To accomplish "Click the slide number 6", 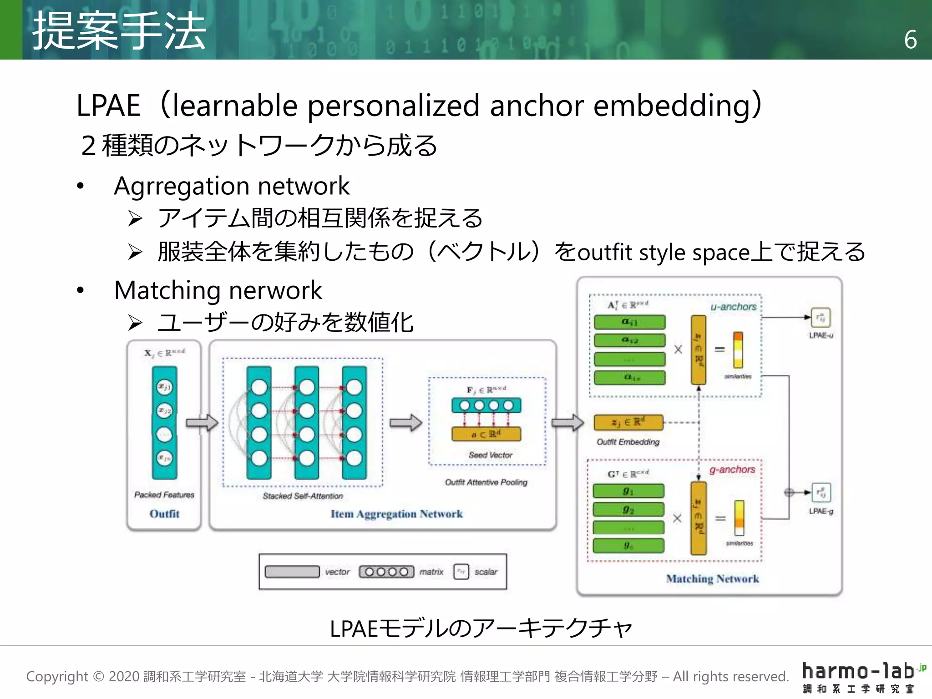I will coord(910,40).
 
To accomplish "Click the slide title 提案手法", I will coord(119,31).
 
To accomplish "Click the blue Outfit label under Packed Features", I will coord(164,514).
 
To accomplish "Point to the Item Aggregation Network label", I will coord(396,514).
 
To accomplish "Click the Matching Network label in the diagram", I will coord(712,579).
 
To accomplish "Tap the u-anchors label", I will coord(733,307).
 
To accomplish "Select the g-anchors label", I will coord(732,470).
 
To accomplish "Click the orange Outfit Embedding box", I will coord(628,422).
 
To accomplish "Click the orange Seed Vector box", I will coord(486,434).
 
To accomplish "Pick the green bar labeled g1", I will coord(628,491).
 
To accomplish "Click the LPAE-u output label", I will coord(821,335).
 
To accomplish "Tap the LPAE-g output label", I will coord(821,512).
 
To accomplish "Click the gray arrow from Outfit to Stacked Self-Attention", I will coord(202,422).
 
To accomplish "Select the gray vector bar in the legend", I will coord(292,572).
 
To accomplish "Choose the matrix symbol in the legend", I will coord(386,572).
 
